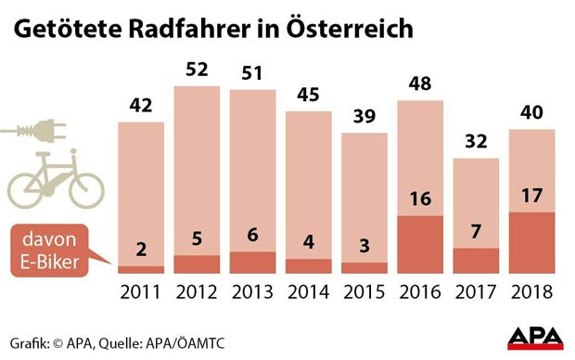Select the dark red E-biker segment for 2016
(420, 245)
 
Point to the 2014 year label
(309, 292)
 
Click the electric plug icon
(43, 133)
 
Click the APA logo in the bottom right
(535, 338)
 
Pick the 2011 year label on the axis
(141, 292)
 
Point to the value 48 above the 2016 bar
(420, 84)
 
